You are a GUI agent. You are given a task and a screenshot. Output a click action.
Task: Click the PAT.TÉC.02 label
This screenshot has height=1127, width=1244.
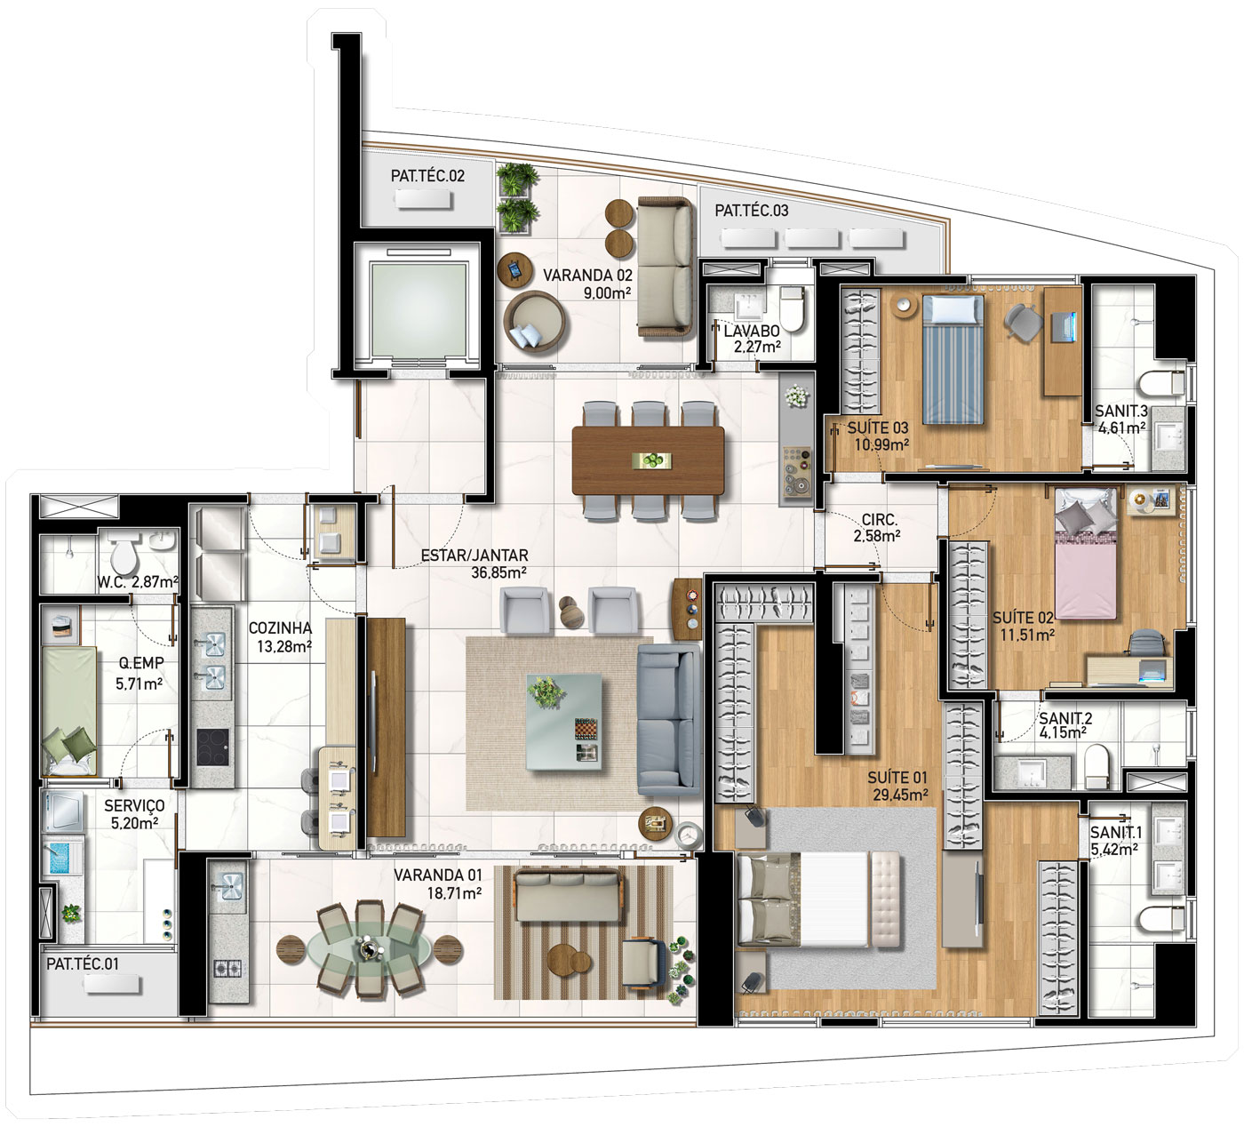tap(427, 176)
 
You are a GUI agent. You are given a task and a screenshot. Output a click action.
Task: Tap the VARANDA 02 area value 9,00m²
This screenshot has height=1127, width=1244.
tap(607, 292)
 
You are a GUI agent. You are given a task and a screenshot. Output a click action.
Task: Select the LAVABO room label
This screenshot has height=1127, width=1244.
tap(752, 331)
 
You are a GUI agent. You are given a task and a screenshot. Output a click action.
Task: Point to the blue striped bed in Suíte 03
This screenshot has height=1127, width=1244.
tap(953, 359)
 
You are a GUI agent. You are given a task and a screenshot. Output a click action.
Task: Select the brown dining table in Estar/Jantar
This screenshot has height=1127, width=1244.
tap(648, 460)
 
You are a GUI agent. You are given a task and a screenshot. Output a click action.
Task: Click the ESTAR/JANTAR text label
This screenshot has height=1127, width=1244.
tap(474, 556)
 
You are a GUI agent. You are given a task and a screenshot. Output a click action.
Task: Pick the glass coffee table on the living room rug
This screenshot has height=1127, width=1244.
tap(563, 722)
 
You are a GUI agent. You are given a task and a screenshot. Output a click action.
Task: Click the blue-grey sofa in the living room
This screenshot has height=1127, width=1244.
tap(668, 720)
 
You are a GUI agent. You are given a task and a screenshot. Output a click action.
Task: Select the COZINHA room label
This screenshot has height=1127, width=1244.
tap(280, 628)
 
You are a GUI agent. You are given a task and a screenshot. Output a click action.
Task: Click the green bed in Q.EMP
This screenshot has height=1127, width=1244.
tap(68, 711)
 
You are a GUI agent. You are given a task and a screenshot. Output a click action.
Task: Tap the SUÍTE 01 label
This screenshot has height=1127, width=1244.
tap(897, 777)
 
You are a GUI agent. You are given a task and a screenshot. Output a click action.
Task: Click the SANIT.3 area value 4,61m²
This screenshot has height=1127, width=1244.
tap(1122, 428)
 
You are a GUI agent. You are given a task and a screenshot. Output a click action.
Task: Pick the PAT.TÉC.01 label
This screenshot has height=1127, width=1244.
tap(83, 963)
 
